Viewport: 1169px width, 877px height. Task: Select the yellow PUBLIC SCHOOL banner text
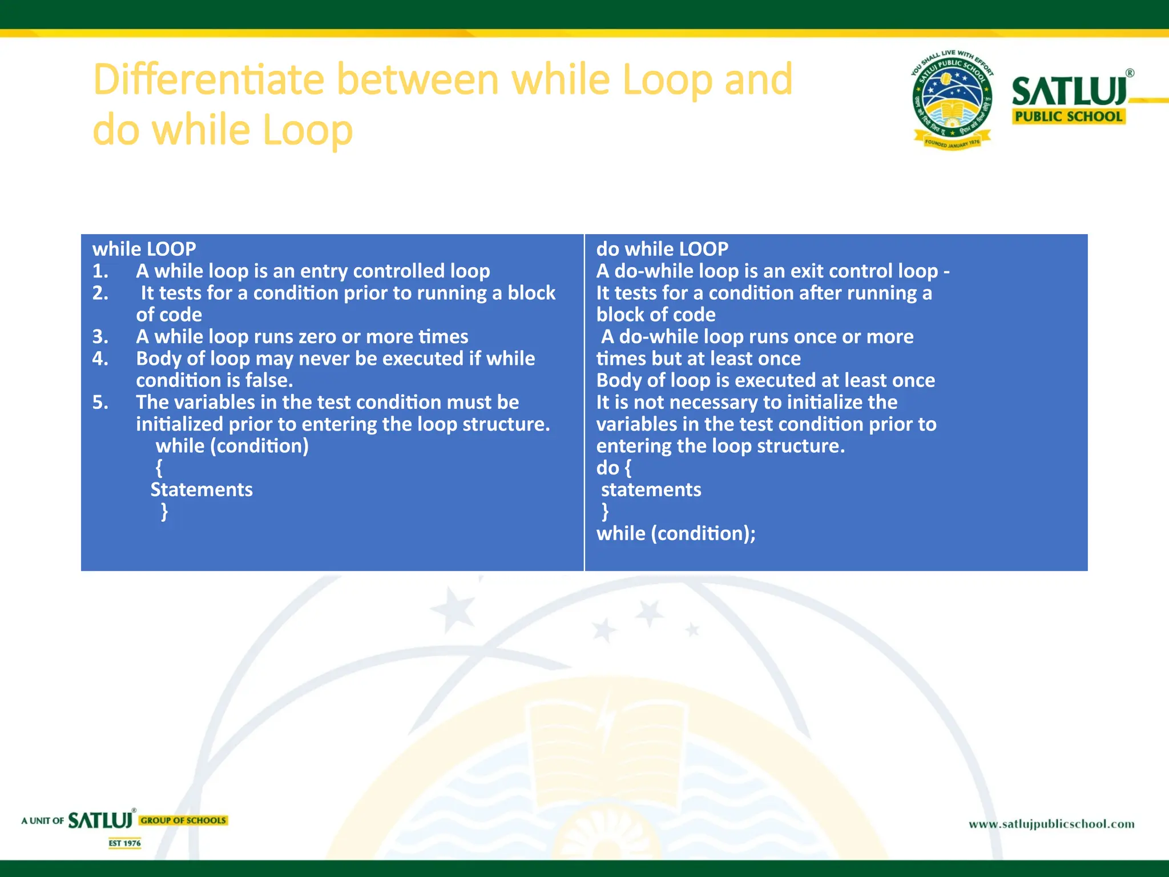pyautogui.click(x=1069, y=116)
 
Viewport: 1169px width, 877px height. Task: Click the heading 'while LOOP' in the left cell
pyautogui.click(x=144, y=249)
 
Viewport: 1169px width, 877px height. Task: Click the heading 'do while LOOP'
pyautogui.click(x=662, y=249)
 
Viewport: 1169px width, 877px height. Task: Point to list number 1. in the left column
pyautogui.click(x=100, y=271)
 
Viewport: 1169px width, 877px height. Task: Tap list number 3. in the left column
pyautogui.click(x=100, y=337)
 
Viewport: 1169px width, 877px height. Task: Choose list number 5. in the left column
pyautogui.click(x=100, y=403)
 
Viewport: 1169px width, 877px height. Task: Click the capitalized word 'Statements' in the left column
pyautogui.click(x=201, y=490)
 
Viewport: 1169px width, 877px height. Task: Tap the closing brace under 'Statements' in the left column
pyautogui.click(x=164, y=511)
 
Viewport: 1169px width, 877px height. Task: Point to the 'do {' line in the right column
pyautogui.click(x=614, y=468)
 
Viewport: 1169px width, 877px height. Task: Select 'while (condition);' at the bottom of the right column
pyautogui.click(x=676, y=534)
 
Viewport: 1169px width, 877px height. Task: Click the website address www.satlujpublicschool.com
pyautogui.click(x=1051, y=824)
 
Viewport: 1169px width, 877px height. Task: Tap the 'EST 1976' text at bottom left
pyautogui.click(x=124, y=843)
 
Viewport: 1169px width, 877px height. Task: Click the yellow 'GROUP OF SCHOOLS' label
pyautogui.click(x=183, y=820)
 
